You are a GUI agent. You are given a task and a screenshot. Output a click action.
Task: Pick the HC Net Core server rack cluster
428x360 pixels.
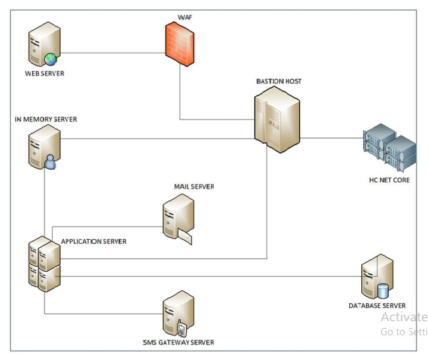click(x=387, y=148)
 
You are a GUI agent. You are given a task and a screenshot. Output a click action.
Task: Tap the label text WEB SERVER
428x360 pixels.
click(x=45, y=73)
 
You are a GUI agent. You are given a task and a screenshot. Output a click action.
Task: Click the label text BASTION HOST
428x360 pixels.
click(x=278, y=81)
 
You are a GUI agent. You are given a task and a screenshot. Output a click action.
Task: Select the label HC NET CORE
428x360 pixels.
click(x=389, y=180)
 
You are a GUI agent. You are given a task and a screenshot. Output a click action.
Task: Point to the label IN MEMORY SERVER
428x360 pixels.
click(x=46, y=120)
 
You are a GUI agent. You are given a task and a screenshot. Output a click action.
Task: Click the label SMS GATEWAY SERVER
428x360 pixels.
click(x=178, y=342)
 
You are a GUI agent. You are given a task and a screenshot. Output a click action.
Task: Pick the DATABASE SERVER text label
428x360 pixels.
click(x=377, y=305)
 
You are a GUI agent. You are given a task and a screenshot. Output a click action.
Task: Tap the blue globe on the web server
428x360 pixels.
click(x=51, y=59)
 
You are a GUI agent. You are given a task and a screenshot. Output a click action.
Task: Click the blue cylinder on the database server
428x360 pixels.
click(x=383, y=291)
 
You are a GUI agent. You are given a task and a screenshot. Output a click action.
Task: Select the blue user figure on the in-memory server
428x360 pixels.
click(x=50, y=161)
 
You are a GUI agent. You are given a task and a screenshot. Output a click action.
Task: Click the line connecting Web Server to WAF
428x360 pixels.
click(x=114, y=51)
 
